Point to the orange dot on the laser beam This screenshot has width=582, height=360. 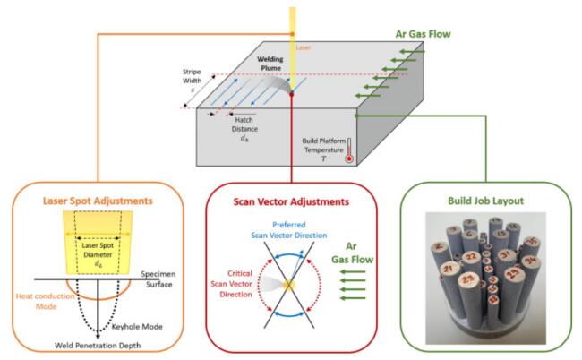(292, 35)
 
